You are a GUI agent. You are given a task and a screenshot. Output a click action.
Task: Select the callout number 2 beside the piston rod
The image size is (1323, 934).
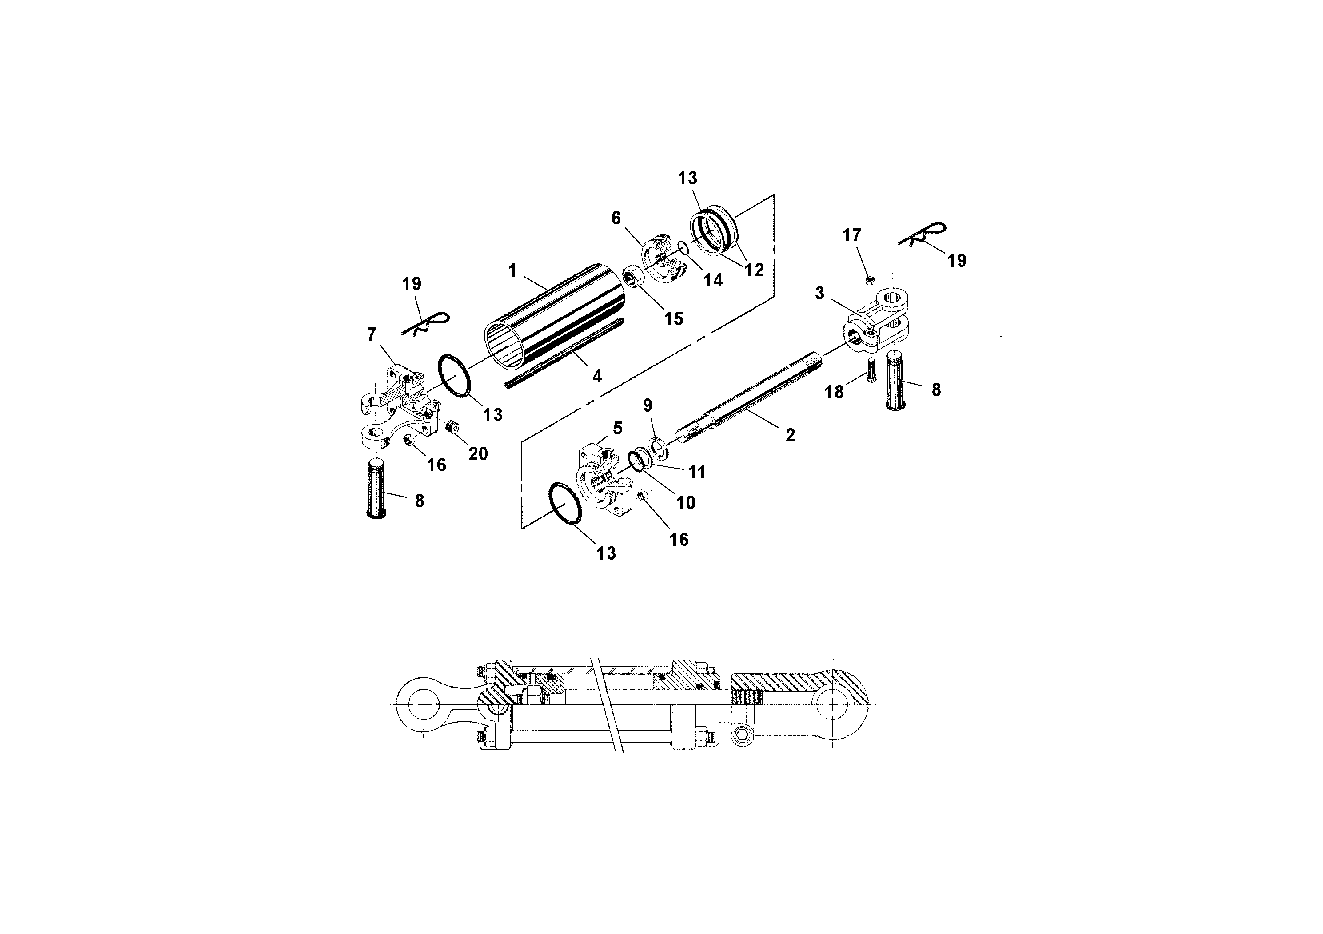point(790,435)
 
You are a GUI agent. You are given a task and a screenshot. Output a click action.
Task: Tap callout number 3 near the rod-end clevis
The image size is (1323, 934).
point(819,293)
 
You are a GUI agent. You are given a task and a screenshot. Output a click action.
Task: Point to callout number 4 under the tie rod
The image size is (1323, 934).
point(597,377)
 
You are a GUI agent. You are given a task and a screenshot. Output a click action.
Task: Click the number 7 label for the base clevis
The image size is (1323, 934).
point(372,334)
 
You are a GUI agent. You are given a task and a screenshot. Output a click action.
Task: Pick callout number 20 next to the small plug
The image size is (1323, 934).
point(478,454)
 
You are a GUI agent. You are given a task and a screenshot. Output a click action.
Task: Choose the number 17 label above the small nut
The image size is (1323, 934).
point(851,235)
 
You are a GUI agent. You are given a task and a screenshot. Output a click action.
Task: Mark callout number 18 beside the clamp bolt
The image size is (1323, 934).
point(834,392)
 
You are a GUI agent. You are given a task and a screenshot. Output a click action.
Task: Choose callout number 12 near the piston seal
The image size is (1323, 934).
point(754,270)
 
